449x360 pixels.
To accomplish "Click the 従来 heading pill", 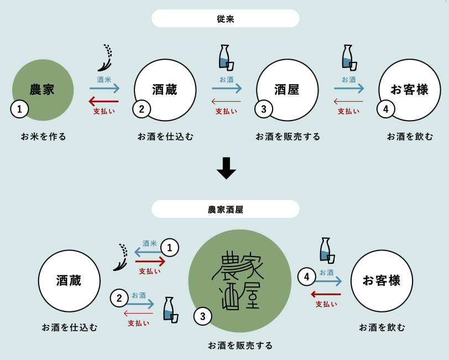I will pyautogui.click(x=225, y=18).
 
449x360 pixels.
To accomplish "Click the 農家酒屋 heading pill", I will pyautogui.click(x=225, y=209).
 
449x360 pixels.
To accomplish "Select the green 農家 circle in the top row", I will pyautogui.click(x=43, y=88).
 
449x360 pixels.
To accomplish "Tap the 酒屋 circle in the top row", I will pyautogui.click(x=287, y=90).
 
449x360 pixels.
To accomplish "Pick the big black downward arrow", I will pyautogui.click(x=226, y=168).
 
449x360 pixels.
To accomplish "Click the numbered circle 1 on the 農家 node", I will pyautogui.click(x=19, y=109).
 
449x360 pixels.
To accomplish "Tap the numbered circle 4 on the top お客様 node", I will pyautogui.click(x=385, y=109).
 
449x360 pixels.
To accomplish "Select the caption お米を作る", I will pyautogui.click(x=44, y=136).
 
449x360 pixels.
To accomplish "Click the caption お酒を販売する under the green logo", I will pyautogui.click(x=241, y=345).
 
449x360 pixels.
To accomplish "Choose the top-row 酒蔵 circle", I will pyautogui.click(x=165, y=90).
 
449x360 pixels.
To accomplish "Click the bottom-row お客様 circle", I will pyautogui.click(x=382, y=280).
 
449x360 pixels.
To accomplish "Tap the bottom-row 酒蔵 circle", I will pyautogui.click(x=69, y=280).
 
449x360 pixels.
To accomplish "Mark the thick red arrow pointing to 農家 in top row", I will pyautogui.click(x=104, y=101).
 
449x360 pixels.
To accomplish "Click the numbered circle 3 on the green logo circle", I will pyautogui.click(x=202, y=316).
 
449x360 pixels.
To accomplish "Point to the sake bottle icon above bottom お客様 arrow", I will pyautogui.click(x=327, y=250).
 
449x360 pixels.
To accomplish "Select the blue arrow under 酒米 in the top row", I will pyautogui.click(x=105, y=88).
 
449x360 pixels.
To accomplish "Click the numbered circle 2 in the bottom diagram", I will pyautogui.click(x=119, y=299).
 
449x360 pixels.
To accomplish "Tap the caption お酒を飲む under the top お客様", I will pyautogui.click(x=410, y=136).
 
